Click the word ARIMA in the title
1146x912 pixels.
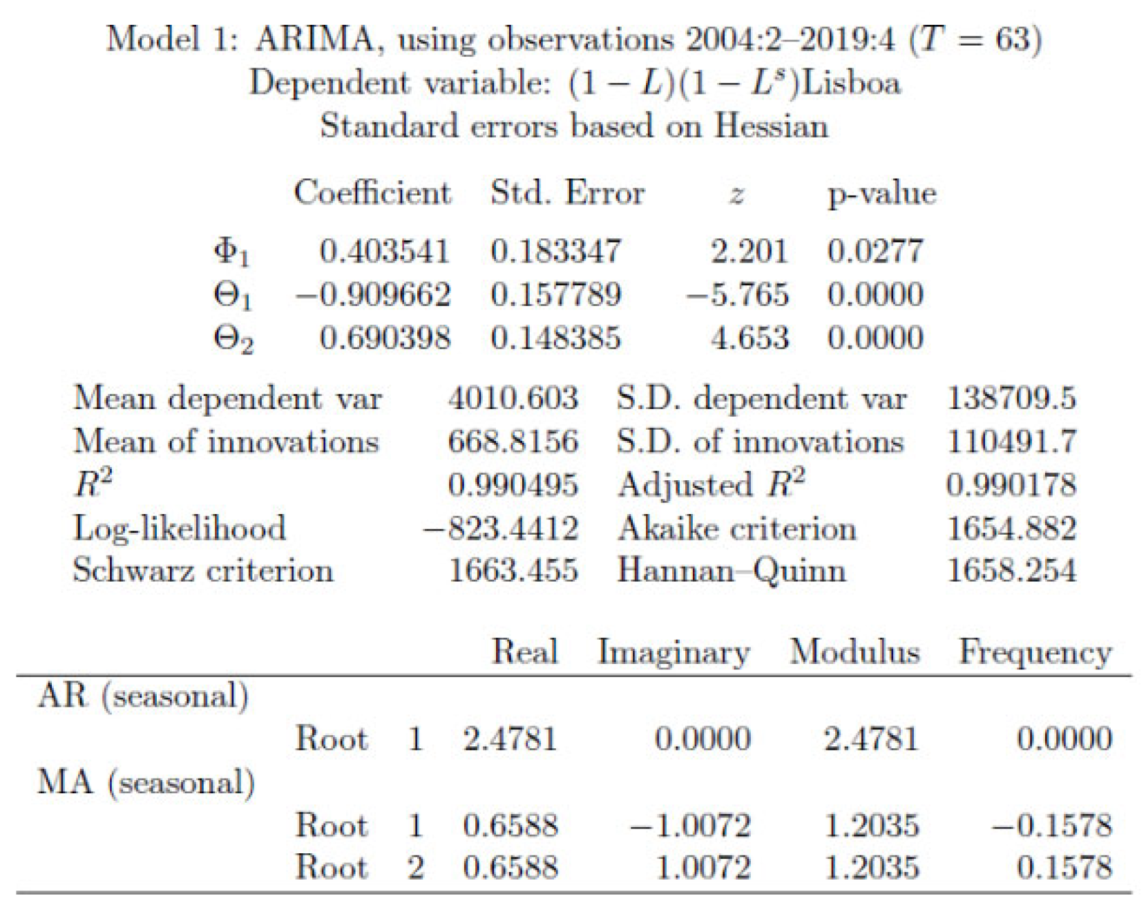point(314,39)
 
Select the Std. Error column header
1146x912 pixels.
point(567,193)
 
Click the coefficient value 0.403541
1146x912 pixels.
point(384,251)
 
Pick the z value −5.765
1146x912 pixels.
point(737,295)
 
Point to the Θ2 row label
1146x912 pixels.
point(233,339)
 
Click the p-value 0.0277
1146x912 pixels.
point(875,251)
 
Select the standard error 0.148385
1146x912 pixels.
point(555,339)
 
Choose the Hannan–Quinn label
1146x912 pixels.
point(732,571)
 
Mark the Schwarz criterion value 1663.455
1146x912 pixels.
point(513,571)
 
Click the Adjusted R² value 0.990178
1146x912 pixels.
point(1011,485)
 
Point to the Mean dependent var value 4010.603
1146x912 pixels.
point(513,399)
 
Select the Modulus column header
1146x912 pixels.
point(854,652)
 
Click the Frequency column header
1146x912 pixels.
point(1035,652)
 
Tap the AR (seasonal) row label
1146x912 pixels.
point(143,696)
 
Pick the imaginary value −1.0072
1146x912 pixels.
point(691,826)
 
